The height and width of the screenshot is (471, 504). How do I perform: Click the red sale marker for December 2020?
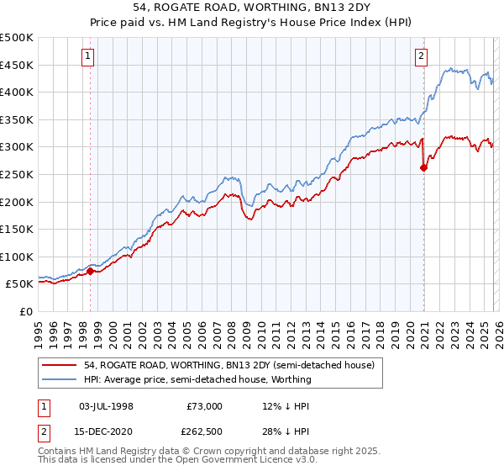pos(423,167)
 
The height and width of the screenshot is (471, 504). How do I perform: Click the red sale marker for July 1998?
pos(91,271)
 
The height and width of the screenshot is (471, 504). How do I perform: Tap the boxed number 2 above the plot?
pos(422,56)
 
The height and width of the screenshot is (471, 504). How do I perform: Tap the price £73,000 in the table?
pos(203,405)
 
